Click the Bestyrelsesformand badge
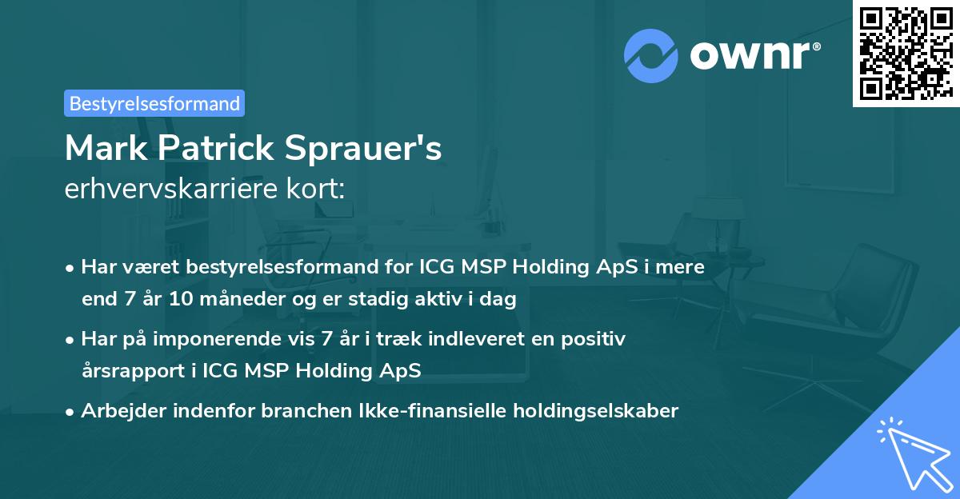point(154,103)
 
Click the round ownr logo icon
point(651,55)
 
